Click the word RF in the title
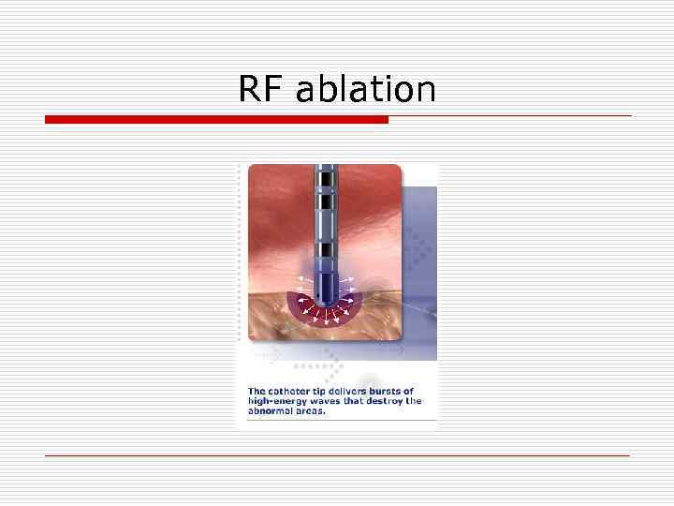click(x=261, y=89)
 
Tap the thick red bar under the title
click(x=216, y=119)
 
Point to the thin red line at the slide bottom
click(x=337, y=455)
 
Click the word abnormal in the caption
click(x=272, y=411)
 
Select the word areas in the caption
click(x=313, y=411)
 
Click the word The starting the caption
click(x=256, y=391)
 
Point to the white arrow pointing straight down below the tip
click(x=325, y=317)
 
